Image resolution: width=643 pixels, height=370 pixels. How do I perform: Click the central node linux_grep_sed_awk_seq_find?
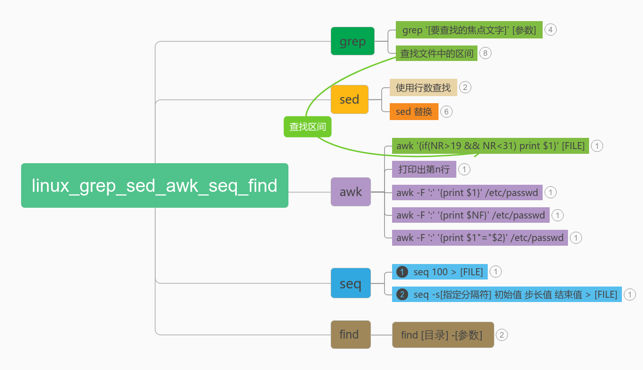click(154, 185)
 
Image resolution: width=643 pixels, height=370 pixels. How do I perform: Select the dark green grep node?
click(352, 41)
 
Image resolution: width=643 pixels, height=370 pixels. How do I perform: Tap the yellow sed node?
click(349, 99)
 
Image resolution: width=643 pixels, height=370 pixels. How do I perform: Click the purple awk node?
click(350, 192)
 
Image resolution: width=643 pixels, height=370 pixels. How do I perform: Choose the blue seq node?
click(350, 283)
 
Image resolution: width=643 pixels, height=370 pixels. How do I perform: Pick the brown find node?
click(350, 334)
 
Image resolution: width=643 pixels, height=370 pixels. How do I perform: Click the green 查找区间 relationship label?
click(307, 127)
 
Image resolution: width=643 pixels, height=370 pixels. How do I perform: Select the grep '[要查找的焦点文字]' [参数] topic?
click(469, 30)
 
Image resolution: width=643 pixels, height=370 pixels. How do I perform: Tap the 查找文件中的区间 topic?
click(436, 53)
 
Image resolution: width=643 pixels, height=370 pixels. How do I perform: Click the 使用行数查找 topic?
click(423, 88)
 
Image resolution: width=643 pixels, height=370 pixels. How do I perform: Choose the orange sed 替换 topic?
click(414, 112)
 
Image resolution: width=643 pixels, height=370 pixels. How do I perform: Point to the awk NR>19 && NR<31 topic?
click(490, 146)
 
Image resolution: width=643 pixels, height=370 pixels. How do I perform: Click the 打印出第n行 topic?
click(424, 169)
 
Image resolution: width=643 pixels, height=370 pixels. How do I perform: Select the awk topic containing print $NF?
click(470, 215)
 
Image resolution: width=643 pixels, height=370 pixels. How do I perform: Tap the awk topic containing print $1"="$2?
click(479, 238)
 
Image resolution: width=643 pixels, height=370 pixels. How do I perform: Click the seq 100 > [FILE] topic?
click(439, 272)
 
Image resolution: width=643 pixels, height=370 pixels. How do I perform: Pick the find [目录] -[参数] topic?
click(443, 335)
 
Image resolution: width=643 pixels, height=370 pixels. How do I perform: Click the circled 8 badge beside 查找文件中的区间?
click(485, 53)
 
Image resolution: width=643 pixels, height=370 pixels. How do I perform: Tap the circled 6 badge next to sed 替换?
click(446, 112)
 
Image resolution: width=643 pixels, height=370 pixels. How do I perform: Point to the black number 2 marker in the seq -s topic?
click(402, 294)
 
